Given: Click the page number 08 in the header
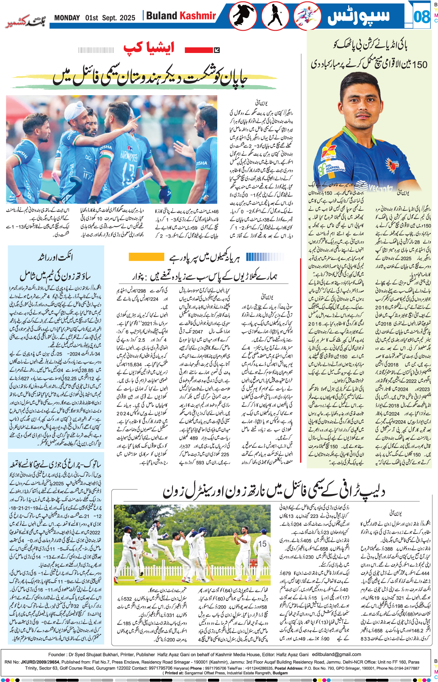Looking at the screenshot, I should click(x=421, y=16).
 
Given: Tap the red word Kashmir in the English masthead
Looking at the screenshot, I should click(x=198, y=16).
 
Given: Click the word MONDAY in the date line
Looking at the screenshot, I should click(x=67, y=18).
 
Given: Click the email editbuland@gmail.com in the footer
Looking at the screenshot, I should click(x=336, y=654).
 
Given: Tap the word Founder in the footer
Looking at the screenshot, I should click(x=57, y=654).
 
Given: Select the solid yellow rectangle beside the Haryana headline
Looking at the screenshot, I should click(x=146, y=257).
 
